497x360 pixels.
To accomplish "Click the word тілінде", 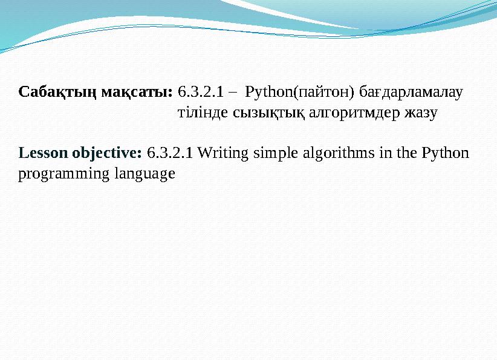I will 204,113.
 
